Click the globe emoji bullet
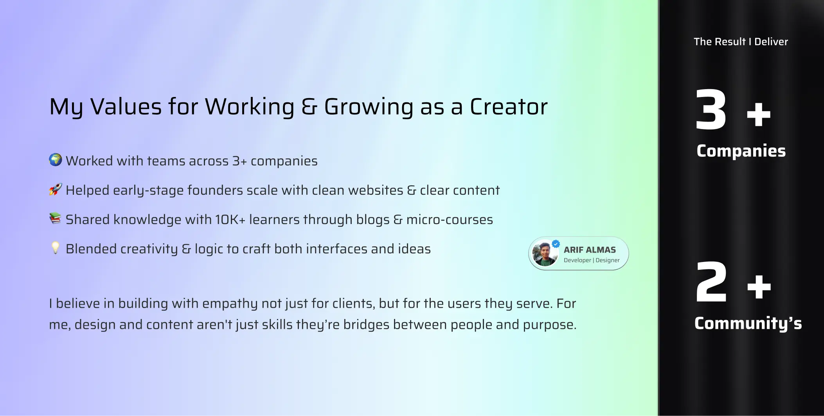tap(56, 160)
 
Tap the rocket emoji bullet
tap(56, 189)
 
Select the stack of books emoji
tap(56, 218)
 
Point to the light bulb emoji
tap(56, 248)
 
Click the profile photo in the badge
tap(545, 254)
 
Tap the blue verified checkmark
tap(556, 244)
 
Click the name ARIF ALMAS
tap(590, 250)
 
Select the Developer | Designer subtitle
tap(592, 260)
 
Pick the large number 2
tap(711, 282)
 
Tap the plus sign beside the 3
tap(759, 114)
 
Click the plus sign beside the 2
tap(759, 287)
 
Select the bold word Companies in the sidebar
tap(741, 151)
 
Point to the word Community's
tap(748, 324)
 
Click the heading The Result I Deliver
tap(741, 41)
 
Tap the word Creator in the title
tap(509, 107)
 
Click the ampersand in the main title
tap(309, 107)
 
